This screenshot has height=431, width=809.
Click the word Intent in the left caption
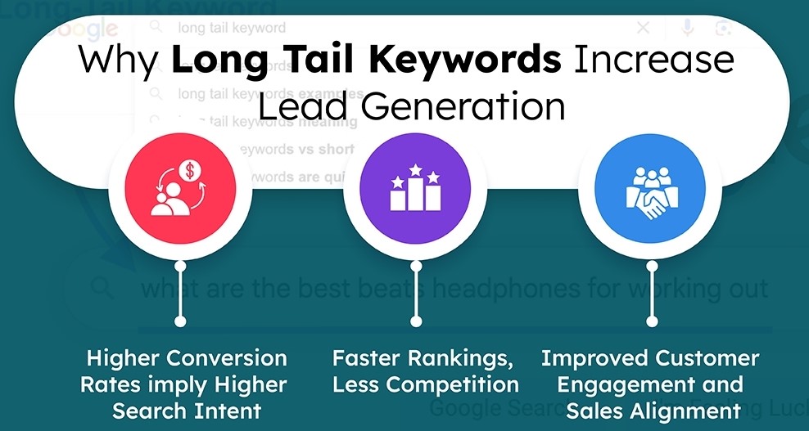click(232, 411)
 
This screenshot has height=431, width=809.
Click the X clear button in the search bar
click(643, 28)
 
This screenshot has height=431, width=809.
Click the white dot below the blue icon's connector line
click(653, 321)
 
